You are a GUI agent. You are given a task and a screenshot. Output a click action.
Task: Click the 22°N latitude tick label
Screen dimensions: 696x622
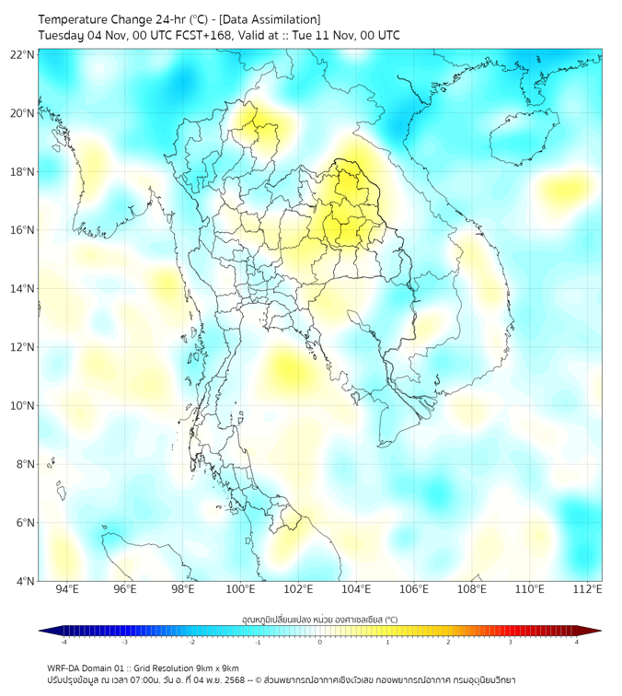[23, 54]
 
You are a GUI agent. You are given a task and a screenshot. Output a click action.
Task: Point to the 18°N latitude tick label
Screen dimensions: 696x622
[23, 172]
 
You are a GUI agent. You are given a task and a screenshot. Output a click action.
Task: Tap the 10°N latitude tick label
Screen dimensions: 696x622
[23, 406]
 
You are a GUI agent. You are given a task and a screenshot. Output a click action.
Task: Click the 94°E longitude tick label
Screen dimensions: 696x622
[67, 590]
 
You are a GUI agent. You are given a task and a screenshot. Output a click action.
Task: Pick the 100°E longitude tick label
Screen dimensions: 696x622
[240, 590]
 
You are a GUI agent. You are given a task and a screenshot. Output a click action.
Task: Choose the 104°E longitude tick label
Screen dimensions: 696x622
[356, 590]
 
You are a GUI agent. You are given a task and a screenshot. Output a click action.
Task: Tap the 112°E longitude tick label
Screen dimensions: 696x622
[587, 590]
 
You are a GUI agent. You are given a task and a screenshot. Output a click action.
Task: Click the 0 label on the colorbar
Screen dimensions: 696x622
[320, 642]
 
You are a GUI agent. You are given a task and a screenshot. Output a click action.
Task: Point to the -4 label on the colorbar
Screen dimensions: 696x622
[63, 642]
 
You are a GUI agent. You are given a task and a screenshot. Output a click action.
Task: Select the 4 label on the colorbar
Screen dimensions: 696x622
[577, 642]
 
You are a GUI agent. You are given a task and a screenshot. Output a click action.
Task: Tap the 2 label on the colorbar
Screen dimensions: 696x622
[448, 642]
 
